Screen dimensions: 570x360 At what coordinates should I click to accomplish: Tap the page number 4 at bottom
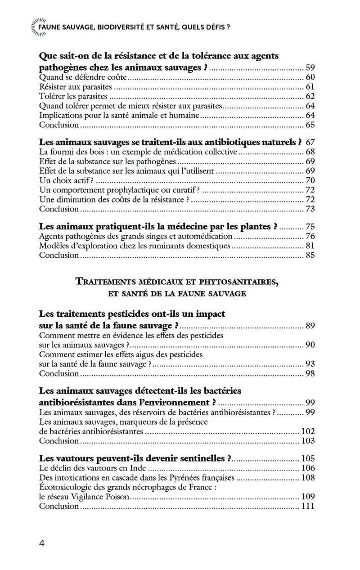point(42,543)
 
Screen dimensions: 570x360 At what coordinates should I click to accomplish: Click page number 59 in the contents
point(310,68)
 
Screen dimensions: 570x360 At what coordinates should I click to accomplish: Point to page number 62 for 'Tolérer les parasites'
point(310,96)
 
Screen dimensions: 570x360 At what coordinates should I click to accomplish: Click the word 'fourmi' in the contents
point(62,152)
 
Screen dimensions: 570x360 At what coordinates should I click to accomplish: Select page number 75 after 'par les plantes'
point(310,227)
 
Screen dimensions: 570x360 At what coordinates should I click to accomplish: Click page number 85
point(310,255)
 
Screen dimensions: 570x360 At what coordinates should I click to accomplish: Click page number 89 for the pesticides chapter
point(310,326)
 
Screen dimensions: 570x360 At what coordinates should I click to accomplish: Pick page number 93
point(310,364)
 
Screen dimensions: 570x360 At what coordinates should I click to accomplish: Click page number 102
point(307,431)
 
